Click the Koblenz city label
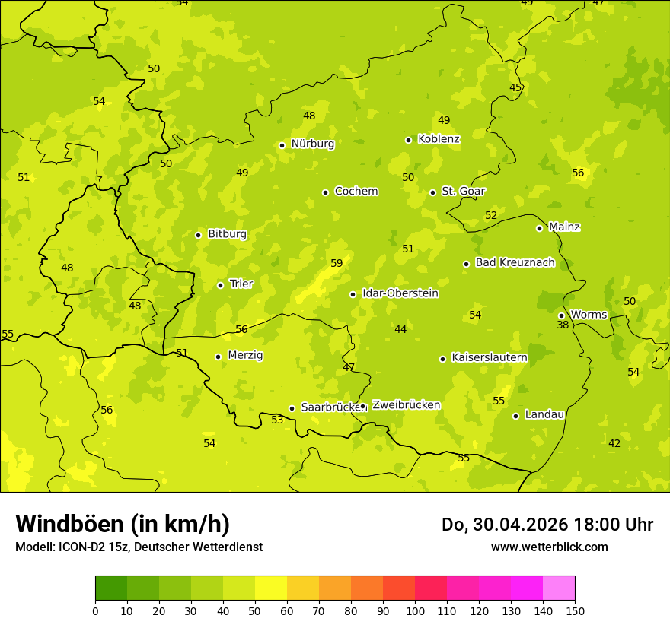click(x=439, y=139)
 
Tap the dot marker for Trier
click(x=220, y=285)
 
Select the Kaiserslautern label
click(x=490, y=357)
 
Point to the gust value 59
click(x=337, y=264)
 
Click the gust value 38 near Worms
click(x=563, y=325)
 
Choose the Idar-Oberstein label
click(x=400, y=293)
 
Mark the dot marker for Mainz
click(x=539, y=228)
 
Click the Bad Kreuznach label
click(x=515, y=262)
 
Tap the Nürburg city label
click(x=312, y=144)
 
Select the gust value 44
click(x=400, y=329)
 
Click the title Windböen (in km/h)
click(x=123, y=524)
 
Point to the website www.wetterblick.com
click(x=549, y=547)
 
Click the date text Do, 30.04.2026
click(x=503, y=525)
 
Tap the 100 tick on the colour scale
click(x=415, y=610)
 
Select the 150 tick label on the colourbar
click(x=575, y=610)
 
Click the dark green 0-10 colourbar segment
click(x=111, y=588)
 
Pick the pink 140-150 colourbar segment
click(x=559, y=588)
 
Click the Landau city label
click(x=544, y=414)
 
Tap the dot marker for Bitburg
click(x=198, y=235)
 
